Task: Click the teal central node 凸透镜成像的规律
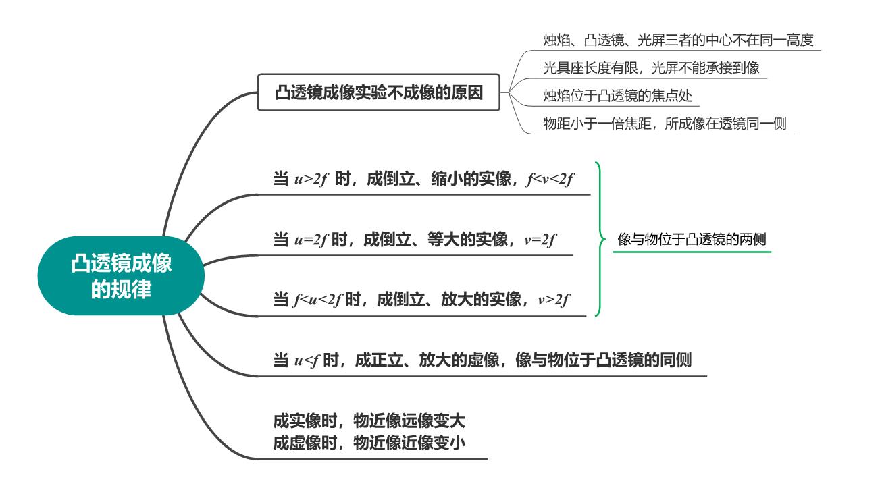pyautogui.click(x=121, y=275)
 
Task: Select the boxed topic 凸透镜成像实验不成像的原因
pyautogui.click(x=378, y=92)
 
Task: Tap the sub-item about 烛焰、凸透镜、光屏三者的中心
pyautogui.click(x=678, y=40)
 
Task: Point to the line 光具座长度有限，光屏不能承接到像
pyautogui.click(x=651, y=68)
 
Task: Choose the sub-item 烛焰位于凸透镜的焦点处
pyautogui.click(x=617, y=96)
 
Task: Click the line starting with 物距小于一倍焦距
pyautogui.click(x=665, y=124)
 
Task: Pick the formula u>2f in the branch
pyautogui.click(x=311, y=179)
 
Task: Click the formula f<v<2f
pyautogui.click(x=550, y=179)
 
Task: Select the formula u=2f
pyautogui.click(x=311, y=240)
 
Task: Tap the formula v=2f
pyautogui.click(x=540, y=240)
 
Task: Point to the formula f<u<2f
pyautogui.click(x=318, y=300)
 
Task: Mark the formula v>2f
pyautogui.click(x=553, y=300)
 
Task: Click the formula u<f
pyautogui.click(x=307, y=360)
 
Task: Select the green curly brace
pyautogui.click(x=600, y=239)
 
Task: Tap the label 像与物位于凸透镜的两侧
pyautogui.click(x=692, y=239)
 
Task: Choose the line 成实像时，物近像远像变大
pyautogui.click(x=369, y=421)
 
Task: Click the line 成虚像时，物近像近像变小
pyautogui.click(x=369, y=442)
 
